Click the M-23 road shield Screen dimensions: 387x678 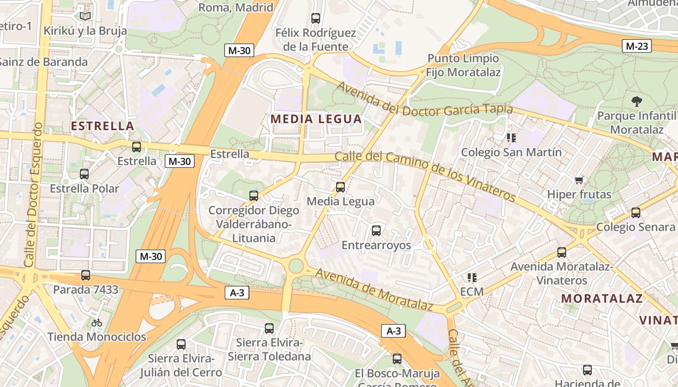click(636, 46)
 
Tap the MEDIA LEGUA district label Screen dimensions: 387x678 click(316, 119)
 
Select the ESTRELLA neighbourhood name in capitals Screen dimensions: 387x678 click(102, 126)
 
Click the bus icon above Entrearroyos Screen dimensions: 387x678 click(376, 231)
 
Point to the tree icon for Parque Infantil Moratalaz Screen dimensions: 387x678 click(636, 102)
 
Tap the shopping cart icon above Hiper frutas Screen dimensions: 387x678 click(579, 180)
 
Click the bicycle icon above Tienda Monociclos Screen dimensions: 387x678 click(97, 322)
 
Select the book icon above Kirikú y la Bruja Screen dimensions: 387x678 click(85, 16)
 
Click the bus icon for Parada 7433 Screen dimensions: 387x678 click(86, 275)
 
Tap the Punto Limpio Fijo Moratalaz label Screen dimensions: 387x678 click(463, 65)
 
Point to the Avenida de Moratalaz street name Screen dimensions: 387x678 click(373, 289)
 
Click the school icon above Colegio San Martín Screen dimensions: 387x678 click(511, 138)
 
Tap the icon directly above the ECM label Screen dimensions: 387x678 click(472, 278)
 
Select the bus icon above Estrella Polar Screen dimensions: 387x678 click(84, 174)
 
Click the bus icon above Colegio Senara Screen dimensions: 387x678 click(636, 213)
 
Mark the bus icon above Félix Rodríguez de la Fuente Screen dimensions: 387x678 click(316, 18)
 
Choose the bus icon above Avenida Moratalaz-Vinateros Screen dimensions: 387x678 click(562, 253)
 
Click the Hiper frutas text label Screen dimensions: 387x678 click(579, 194)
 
